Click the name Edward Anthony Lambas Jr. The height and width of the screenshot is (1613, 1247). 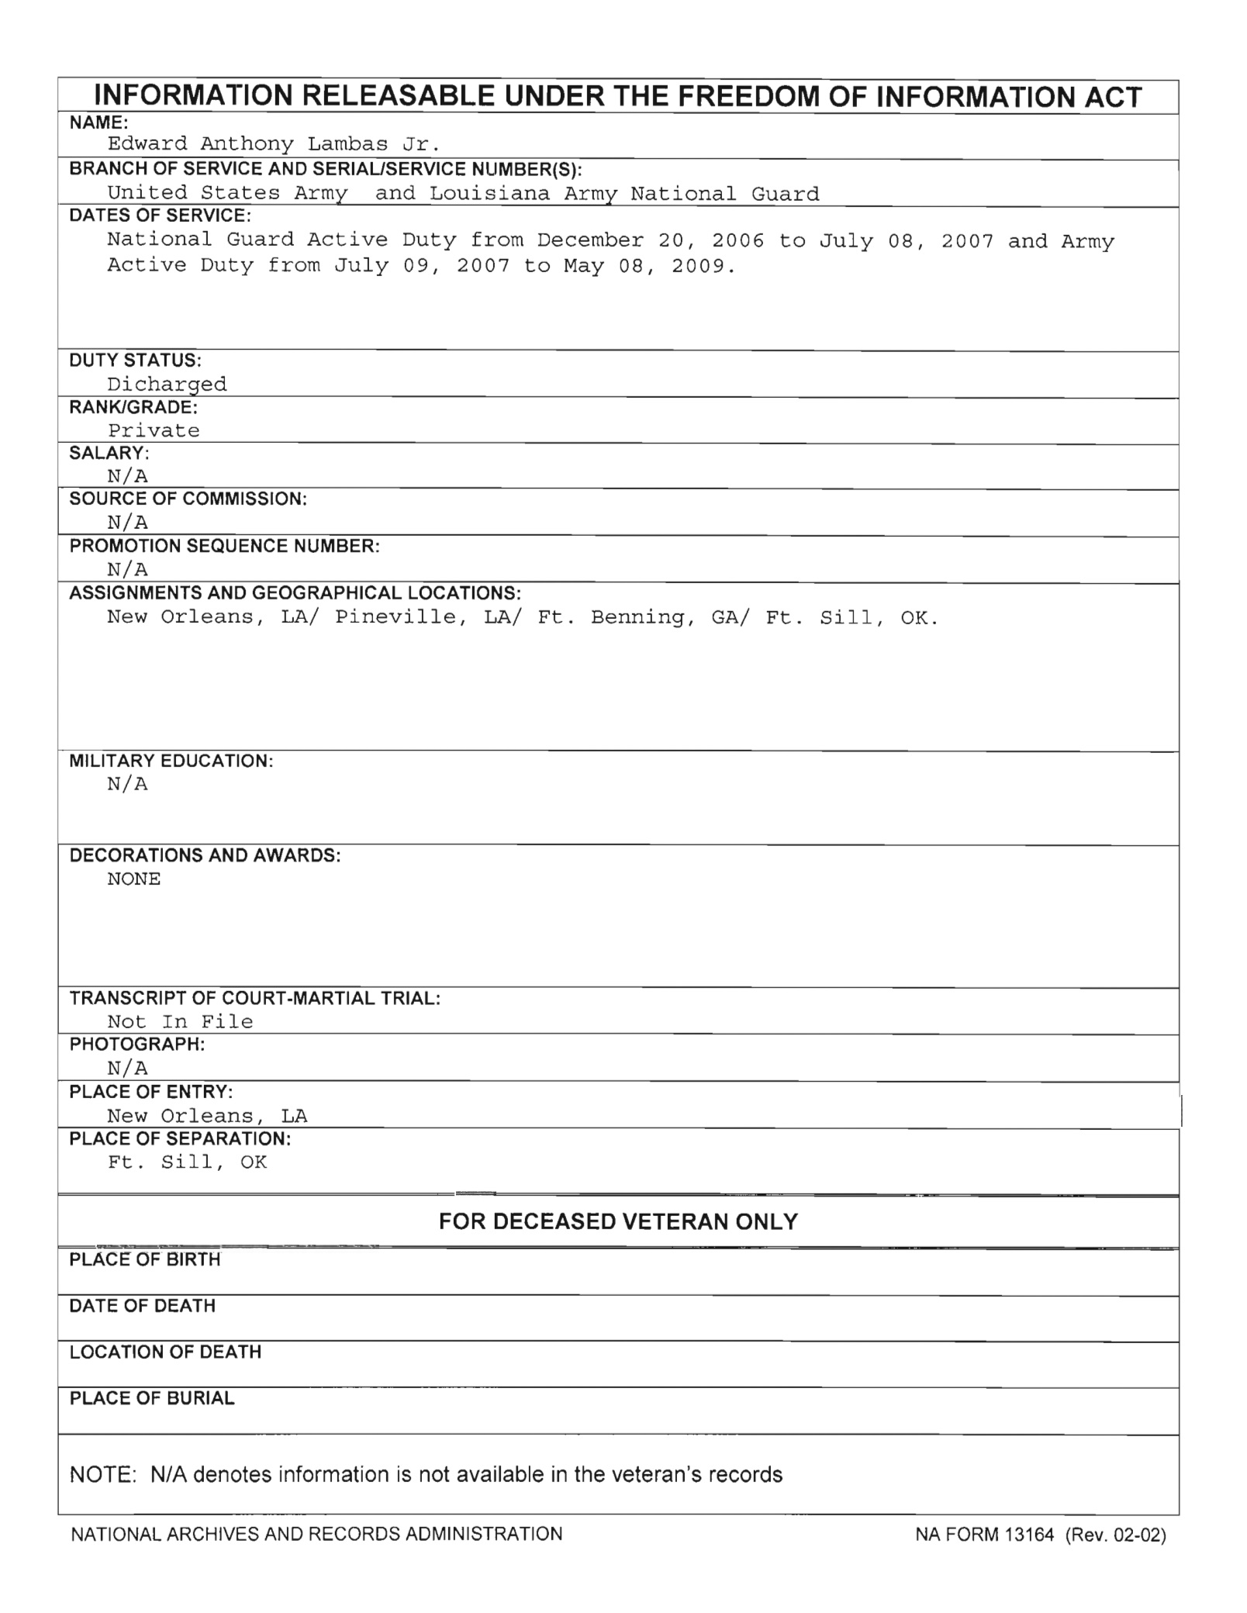click(x=274, y=144)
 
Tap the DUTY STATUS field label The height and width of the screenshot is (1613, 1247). click(x=136, y=361)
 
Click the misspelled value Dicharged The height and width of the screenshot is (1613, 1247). click(x=167, y=385)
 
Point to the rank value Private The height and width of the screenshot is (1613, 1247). click(x=154, y=431)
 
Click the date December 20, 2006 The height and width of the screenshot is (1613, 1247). click(x=650, y=241)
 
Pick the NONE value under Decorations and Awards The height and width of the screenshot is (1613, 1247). click(x=133, y=879)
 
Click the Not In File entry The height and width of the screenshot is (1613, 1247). click(x=180, y=1022)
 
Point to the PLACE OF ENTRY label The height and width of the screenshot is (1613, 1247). click(x=151, y=1092)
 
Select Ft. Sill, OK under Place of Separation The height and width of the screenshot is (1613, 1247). click(x=187, y=1162)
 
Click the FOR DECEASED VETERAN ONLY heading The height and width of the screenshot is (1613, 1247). click(x=618, y=1222)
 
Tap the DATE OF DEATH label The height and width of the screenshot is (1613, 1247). click(x=143, y=1306)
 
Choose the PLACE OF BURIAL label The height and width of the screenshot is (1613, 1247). click(x=152, y=1398)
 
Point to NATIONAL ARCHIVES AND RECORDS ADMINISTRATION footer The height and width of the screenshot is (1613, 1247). click(x=316, y=1534)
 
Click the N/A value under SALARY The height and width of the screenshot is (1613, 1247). click(x=127, y=476)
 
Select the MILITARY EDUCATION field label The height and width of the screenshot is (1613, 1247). click(x=171, y=761)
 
